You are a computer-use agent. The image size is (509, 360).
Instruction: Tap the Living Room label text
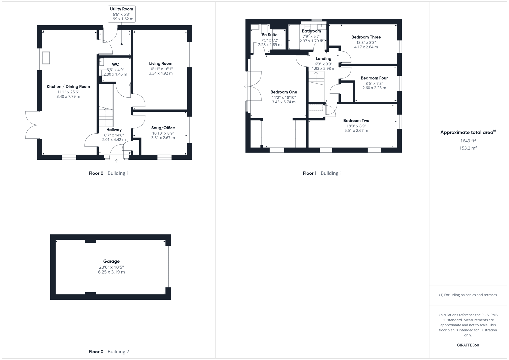click(161, 64)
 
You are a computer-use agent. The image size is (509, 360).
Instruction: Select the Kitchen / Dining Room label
click(68, 87)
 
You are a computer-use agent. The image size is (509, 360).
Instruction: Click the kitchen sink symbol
click(46, 58)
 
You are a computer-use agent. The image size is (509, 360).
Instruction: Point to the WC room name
click(115, 64)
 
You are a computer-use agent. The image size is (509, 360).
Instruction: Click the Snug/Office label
click(163, 128)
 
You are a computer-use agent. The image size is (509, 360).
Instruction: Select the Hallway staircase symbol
click(106, 117)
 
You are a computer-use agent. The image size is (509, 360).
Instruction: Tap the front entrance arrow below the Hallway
click(117, 161)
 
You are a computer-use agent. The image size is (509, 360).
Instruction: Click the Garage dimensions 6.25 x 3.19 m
click(111, 272)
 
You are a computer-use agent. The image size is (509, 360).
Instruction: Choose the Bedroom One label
click(284, 92)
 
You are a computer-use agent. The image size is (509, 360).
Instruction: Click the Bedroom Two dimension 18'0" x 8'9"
click(356, 126)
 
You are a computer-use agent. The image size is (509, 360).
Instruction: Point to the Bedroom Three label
click(366, 37)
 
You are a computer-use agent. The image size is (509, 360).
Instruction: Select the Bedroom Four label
click(374, 78)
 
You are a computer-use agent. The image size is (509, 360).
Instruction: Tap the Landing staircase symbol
click(316, 79)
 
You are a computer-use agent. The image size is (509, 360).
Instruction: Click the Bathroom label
click(311, 31)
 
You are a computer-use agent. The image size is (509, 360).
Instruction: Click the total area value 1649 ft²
click(468, 141)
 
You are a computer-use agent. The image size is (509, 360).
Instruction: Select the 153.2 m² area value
click(468, 148)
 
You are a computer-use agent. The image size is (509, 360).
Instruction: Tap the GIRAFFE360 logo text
click(468, 345)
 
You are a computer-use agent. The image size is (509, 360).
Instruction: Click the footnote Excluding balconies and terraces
click(468, 295)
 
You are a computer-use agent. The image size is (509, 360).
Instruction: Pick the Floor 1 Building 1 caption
click(322, 173)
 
